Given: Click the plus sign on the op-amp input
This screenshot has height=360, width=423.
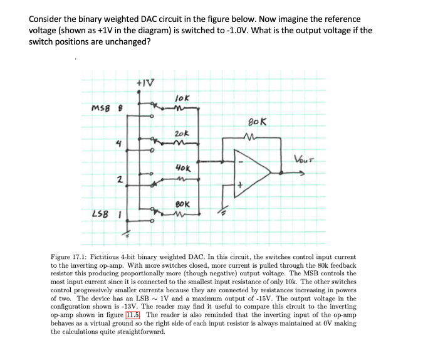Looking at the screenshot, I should tap(239, 185).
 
